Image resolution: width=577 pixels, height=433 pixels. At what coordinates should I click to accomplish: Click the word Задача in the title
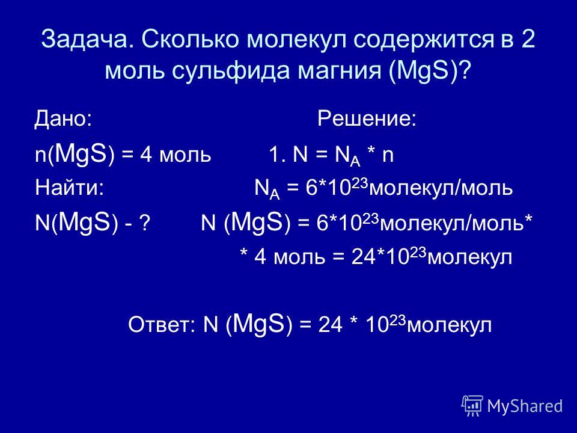(87, 39)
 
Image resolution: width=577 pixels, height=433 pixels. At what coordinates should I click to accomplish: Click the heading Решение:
(367, 118)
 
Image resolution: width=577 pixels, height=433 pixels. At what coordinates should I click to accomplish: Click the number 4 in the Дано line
(146, 155)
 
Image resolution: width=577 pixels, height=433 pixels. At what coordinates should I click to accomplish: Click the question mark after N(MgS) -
(145, 223)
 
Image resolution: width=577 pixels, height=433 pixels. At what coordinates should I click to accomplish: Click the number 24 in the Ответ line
(331, 325)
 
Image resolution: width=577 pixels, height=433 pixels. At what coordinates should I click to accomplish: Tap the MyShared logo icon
(472, 406)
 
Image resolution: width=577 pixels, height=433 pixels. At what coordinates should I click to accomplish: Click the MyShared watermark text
(525, 407)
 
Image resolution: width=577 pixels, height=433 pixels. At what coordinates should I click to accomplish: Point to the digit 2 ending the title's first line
(528, 38)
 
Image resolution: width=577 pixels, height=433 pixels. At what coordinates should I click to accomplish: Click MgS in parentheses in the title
(424, 70)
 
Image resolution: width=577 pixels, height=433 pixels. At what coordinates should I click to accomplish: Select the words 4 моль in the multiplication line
(290, 257)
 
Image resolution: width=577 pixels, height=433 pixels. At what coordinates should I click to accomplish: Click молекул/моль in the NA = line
(441, 188)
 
